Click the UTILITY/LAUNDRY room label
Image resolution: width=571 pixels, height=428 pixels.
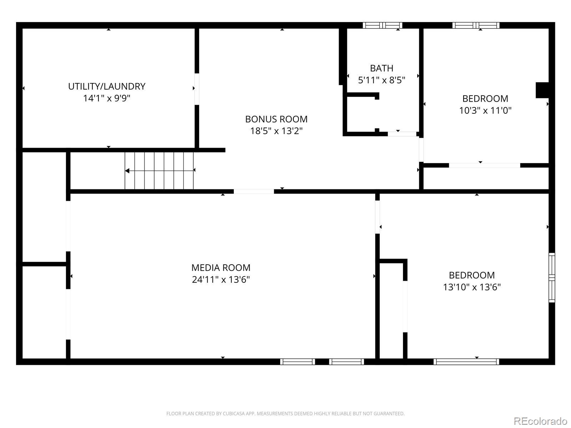click(x=107, y=86)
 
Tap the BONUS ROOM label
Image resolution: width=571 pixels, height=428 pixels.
click(x=276, y=119)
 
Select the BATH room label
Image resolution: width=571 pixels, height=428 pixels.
click(x=381, y=68)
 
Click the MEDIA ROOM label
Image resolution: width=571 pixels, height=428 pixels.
click(x=221, y=267)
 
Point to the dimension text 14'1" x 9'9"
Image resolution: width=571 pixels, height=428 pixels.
click(x=107, y=98)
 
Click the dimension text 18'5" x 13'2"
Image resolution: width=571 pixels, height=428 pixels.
click(x=276, y=131)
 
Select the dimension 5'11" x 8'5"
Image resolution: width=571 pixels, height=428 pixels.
click(x=381, y=80)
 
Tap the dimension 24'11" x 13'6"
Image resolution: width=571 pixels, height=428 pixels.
click(x=221, y=279)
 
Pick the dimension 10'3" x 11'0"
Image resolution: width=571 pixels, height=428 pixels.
click(x=485, y=110)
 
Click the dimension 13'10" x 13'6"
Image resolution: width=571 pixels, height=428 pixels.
click(x=472, y=287)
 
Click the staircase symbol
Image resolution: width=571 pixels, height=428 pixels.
click(x=159, y=170)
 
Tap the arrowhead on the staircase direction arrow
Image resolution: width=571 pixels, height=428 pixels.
click(x=127, y=171)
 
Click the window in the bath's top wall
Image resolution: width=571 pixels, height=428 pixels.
click(x=383, y=25)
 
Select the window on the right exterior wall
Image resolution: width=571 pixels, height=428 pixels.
click(x=552, y=277)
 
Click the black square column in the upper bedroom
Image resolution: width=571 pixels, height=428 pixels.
click(x=542, y=90)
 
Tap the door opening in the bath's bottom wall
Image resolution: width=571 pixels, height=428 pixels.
click(x=402, y=134)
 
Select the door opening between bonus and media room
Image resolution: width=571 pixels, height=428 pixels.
click(x=254, y=192)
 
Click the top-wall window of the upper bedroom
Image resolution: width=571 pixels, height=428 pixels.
click(x=476, y=25)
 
